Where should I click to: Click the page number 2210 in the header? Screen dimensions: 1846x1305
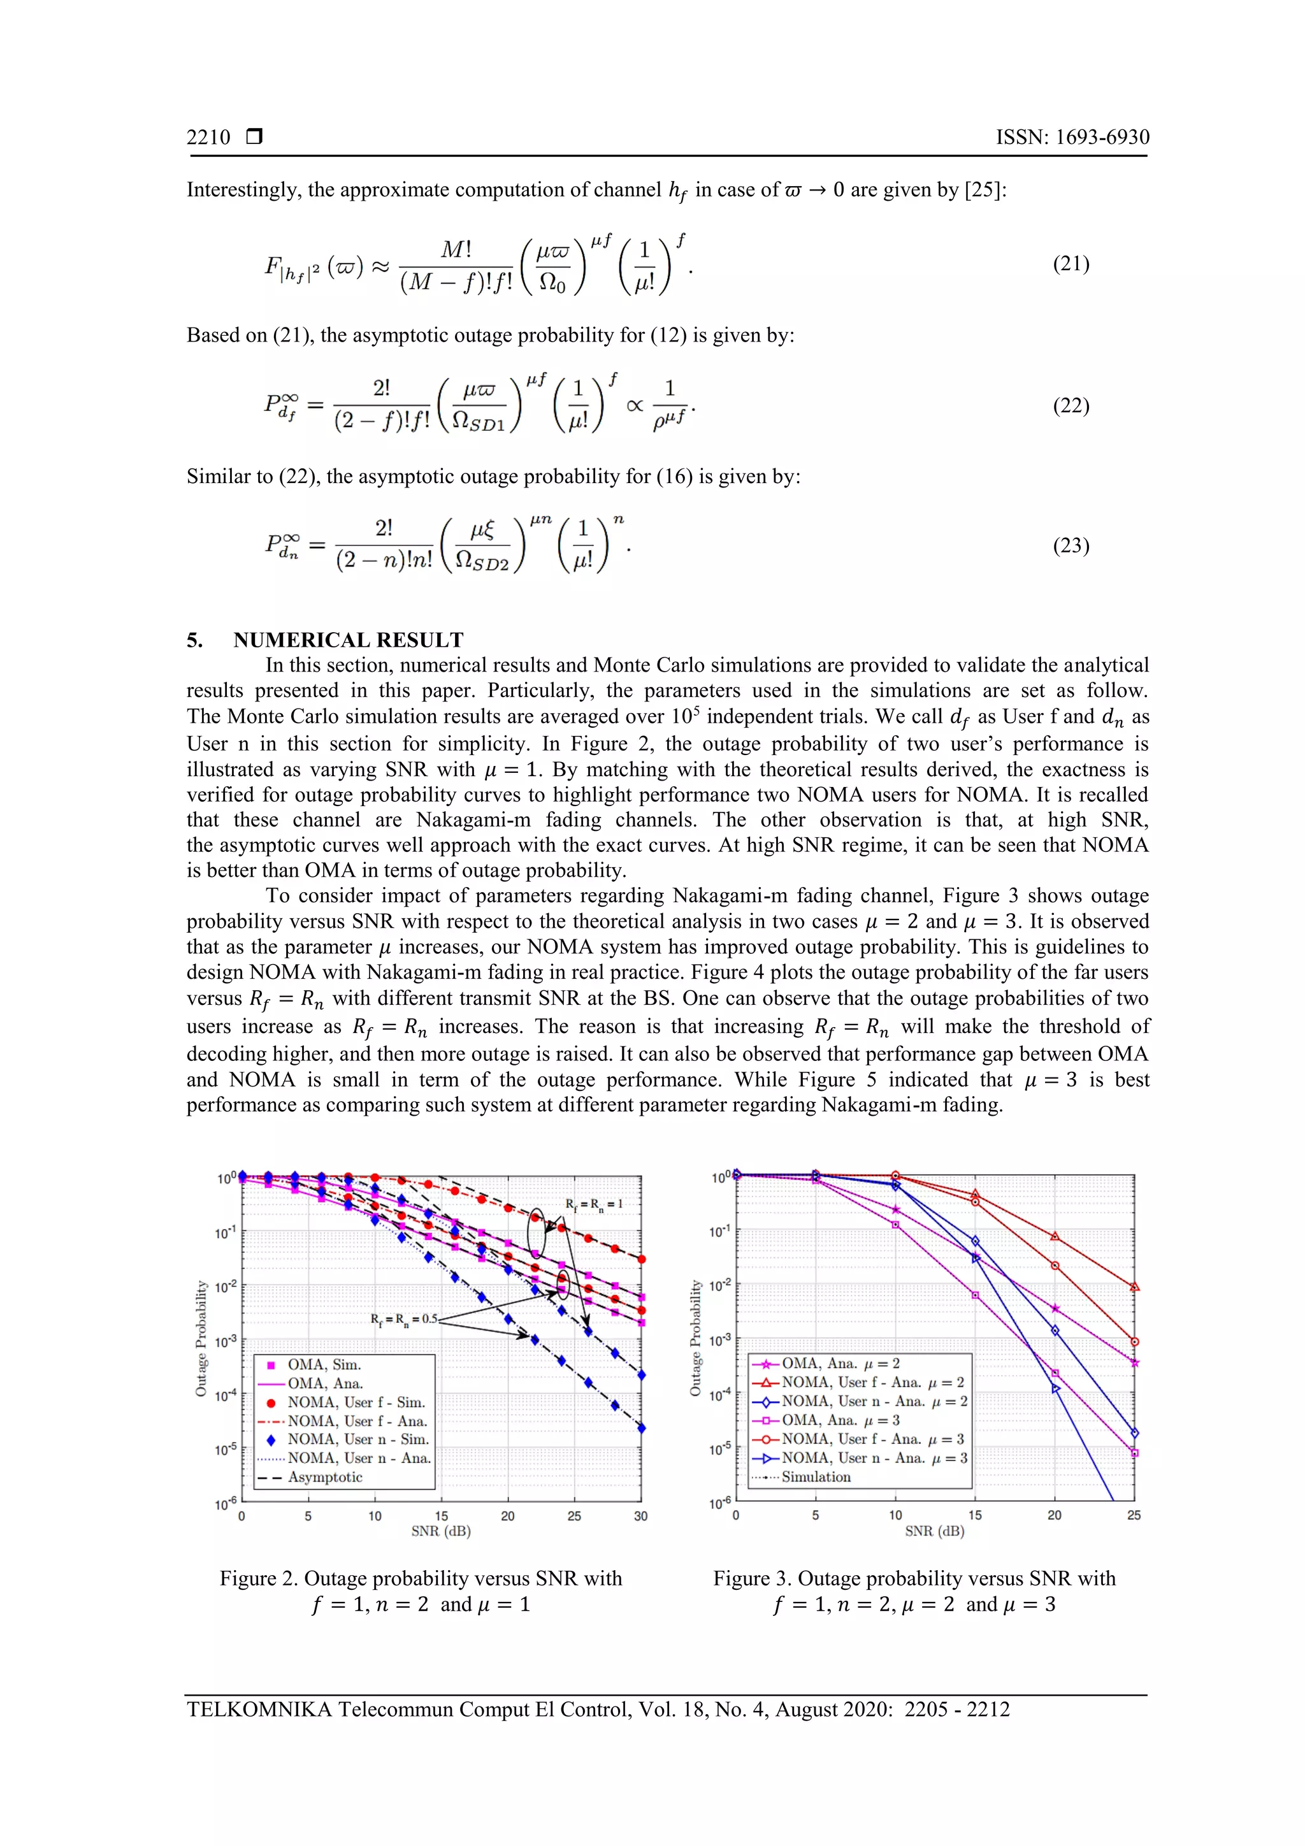[208, 138]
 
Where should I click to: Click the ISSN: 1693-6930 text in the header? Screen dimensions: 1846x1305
[1072, 138]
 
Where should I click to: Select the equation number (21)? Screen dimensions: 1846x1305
[1071, 264]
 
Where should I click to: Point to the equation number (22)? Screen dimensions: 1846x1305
[1071, 405]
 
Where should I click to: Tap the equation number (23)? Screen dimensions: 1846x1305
[1071, 546]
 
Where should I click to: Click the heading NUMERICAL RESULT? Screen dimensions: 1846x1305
[348, 640]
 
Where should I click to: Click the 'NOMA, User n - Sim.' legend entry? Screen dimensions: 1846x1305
[358, 1439]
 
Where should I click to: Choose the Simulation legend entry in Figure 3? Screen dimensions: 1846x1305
[816, 1477]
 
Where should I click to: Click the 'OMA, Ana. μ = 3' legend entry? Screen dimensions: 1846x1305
[840, 1421]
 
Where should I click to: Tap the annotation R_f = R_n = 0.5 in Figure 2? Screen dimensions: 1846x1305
[403, 1320]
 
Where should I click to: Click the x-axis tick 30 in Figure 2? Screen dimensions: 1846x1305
[641, 1517]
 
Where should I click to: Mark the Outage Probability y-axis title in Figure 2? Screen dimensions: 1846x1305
[201, 1339]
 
